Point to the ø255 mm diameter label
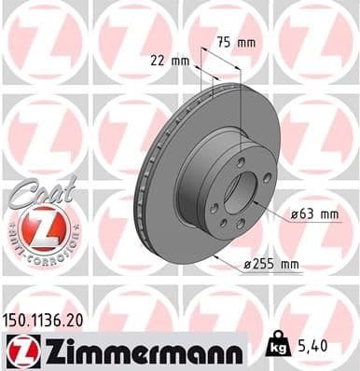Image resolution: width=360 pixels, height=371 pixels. click(271, 265)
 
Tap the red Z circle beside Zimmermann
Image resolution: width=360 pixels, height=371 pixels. click(21, 352)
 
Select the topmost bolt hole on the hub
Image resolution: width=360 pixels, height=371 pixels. click(242, 161)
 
